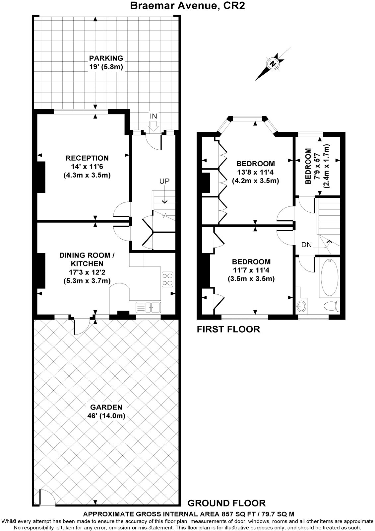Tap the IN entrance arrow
(154, 126)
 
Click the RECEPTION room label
(87, 158)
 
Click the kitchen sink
(148, 307)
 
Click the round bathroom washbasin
(301, 306)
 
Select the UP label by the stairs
(164, 181)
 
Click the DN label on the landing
(306, 245)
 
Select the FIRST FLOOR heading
(228, 329)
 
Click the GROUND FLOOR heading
(226, 503)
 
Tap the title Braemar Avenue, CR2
(187, 6)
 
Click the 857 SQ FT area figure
(238, 513)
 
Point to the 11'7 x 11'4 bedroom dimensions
(251, 270)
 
